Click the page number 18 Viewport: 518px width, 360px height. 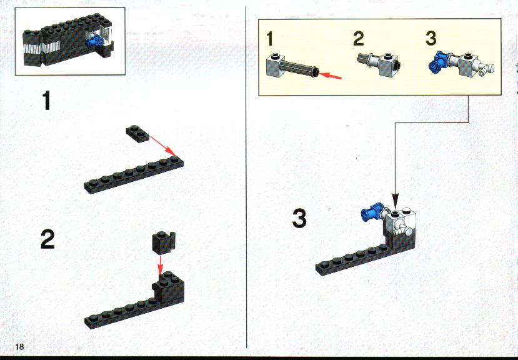(x=19, y=346)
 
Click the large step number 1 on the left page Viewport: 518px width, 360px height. (x=46, y=101)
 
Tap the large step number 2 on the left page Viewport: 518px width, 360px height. (x=47, y=239)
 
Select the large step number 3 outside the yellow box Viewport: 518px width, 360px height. (x=299, y=219)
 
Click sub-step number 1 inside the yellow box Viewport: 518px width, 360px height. (x=270, y=39)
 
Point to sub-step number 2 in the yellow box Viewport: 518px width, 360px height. (x=359, y=39)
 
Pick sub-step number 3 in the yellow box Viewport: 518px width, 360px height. (x=431, y=38)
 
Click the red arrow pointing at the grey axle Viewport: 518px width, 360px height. (x=330, y=76)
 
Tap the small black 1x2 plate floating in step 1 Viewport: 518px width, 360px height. (x=137, y=134)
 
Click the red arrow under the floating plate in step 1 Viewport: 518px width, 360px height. (x=163, y=146)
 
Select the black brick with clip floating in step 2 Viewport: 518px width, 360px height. (x=164, y=242)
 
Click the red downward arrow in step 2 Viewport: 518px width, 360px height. (x=160, y=265)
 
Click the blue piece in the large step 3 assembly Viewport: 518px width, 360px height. (x=372, y=212)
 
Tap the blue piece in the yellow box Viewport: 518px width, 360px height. (x=438, y=61)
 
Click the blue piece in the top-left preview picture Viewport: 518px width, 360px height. (x=94, y=41)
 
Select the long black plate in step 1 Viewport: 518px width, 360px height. (x=134, y=174)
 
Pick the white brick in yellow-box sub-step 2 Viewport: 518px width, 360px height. (x=387, y=64)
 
